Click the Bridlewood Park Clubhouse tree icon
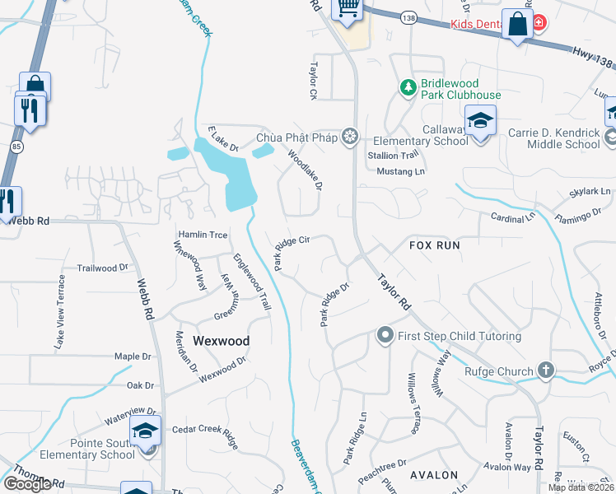(x=408, y=86)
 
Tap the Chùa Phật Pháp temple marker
(x=351, y=136)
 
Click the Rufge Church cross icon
(x=545, y=371)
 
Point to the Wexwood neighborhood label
(x=221, y=340)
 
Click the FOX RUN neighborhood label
(x=434, y=245)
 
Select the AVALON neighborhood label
(x=433, y=475)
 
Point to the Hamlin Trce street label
(x=203, y=235)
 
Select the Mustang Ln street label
(x=400, y=171)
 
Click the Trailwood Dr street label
(x=103, y=268)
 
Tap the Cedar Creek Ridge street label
(x=206, y=436)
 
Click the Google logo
(x=26, y=484)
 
